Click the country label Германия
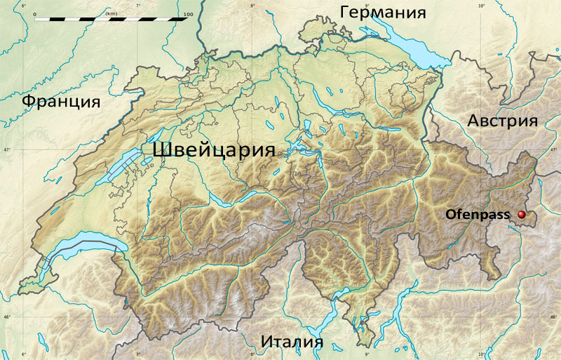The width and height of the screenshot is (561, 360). pos(383,13)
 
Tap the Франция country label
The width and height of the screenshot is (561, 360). pos(60,102)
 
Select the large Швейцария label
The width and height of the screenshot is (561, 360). pos(212,150)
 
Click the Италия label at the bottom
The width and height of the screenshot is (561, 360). pos(292,342)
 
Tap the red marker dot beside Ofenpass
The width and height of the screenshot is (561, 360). pos(522,215)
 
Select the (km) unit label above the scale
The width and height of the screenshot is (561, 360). pos(111,13)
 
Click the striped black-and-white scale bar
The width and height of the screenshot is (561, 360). pos(111,20)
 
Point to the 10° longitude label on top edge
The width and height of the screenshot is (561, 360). pos(482,6)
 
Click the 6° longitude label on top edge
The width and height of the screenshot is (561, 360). pos(24,6)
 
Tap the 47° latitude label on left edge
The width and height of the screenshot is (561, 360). pos(6,150)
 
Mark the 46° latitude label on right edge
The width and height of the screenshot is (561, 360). pos(555,317)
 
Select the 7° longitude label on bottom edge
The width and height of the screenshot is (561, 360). pos(138,354)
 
